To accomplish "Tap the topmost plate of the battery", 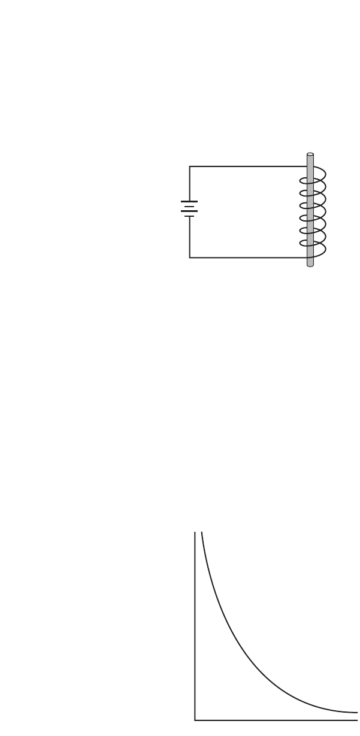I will (x=189, y=202).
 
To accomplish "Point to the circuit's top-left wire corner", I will (x=190, y=166).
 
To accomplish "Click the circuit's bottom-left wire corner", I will (x=190, y=258).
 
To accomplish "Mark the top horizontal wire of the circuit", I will (x=246, y=166).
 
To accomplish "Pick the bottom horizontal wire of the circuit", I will (x=246, y=258).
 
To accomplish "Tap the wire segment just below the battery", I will (x=190, y=237).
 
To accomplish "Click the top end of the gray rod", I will (x=310, y=155).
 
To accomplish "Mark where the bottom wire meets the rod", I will (x=306, y=258).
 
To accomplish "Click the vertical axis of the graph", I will (x=195, y=623).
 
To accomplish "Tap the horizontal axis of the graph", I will (x=276, y=719).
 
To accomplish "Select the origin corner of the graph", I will (x=195, y=719).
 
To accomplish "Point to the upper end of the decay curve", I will (x=202, y=532).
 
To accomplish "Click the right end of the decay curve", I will (x=358, y=713).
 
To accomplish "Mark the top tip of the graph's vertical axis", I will (x=195, y=532).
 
